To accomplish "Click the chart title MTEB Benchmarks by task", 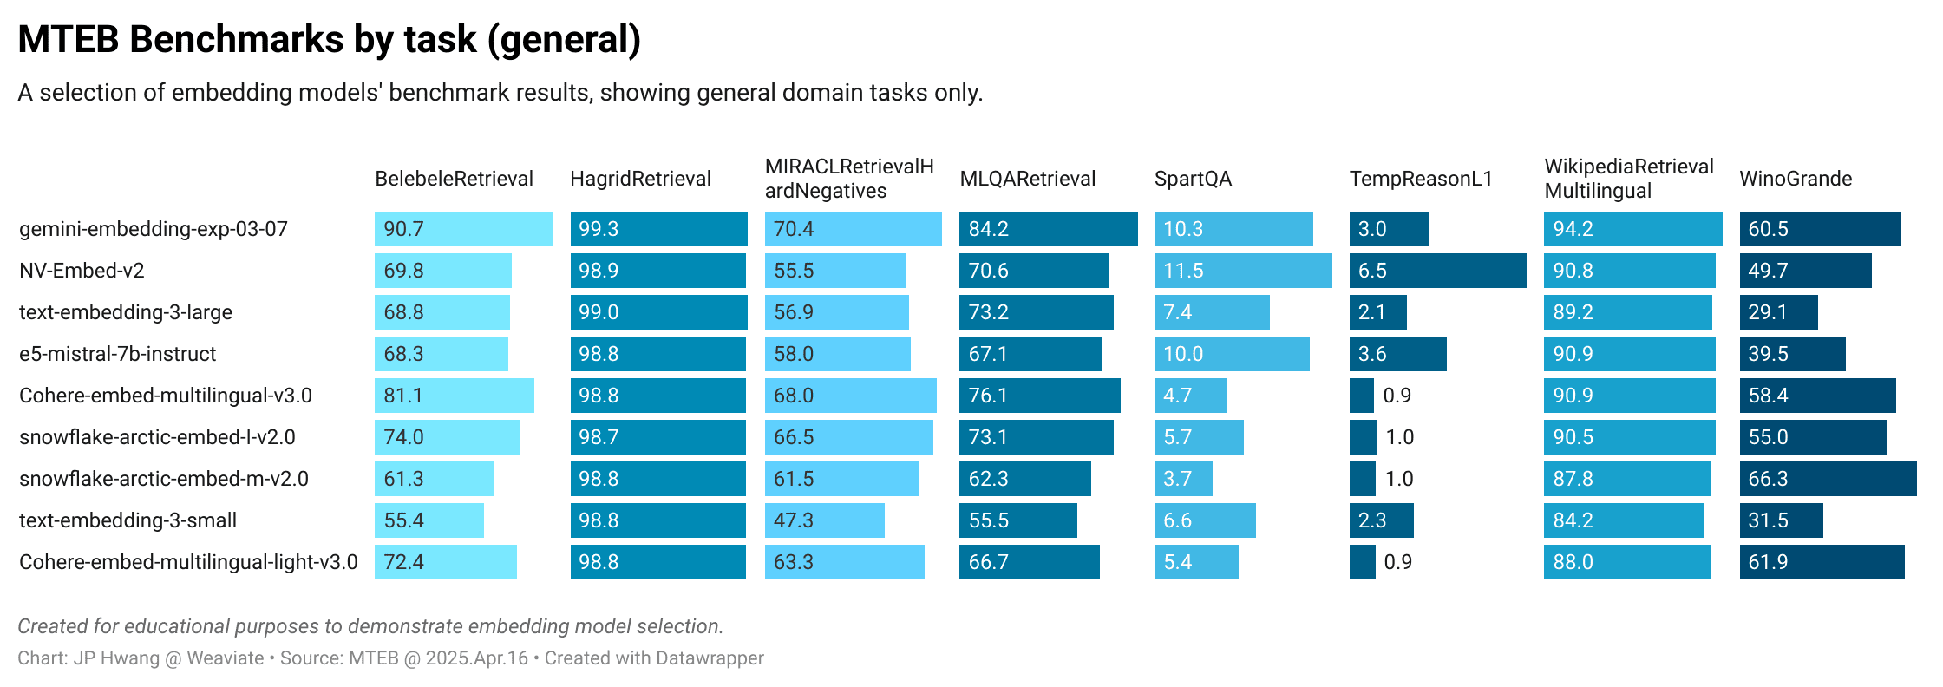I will [x=329, y=40].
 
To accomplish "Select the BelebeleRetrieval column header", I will [x=454, y=179].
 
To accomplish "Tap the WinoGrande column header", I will [x=1795, y=179].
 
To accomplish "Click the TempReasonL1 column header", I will [x=1420, y=179].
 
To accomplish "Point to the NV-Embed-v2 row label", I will [x=82, y=271].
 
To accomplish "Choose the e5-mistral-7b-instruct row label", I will [x=117, y=354].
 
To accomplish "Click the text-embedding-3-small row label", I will [x=128, y=520].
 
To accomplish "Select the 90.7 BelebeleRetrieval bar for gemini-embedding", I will [x=463, y=229].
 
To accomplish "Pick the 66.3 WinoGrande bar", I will [x=1827, y=479].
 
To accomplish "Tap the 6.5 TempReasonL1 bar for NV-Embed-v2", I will [x=1437, y=271].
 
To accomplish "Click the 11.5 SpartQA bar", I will [x=1242, y=271].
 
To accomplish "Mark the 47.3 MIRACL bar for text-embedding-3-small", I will [x=824, y=520].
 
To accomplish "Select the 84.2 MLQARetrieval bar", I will [x=1048, y=229].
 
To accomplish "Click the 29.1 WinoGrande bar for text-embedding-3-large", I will [x=1778, y=312].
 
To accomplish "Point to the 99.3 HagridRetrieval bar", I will [x=658, y=229].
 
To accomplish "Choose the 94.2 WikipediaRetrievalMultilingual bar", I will [x=1632, y=229].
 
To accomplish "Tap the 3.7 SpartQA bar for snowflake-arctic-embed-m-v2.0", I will [x=1183, y=479].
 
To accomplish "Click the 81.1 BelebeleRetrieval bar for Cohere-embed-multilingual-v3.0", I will [x=454, y=396].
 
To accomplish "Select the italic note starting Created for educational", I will [x=370, y=626].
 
